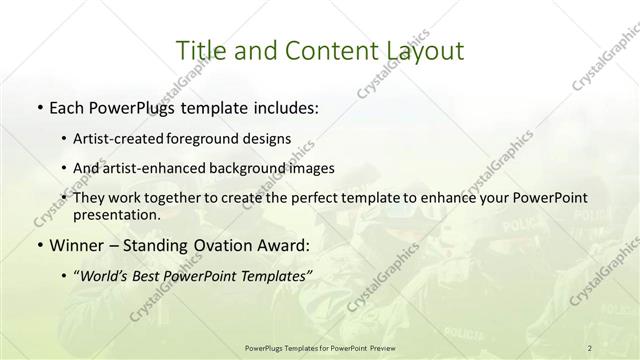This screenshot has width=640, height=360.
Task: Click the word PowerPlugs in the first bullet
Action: tap(128, 107)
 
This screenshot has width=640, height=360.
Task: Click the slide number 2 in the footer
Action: tap(590, 347)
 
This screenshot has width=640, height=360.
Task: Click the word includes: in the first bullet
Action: tap(284, 107)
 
